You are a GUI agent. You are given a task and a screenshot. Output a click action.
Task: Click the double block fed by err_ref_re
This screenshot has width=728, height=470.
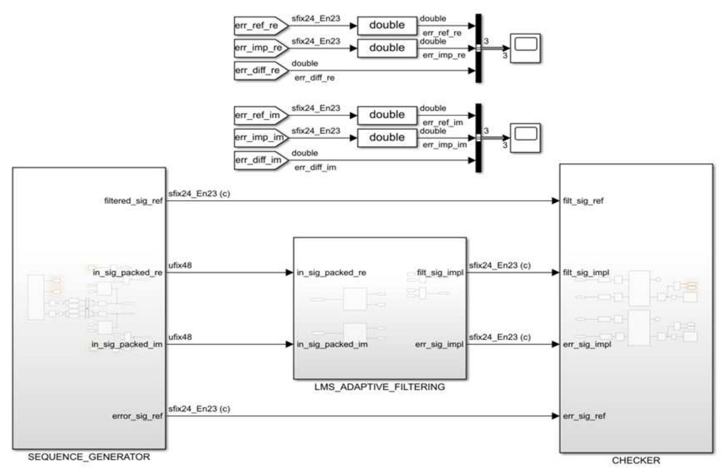point(387,26)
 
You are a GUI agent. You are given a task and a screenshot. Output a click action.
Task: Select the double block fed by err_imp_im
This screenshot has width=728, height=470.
point(387,138)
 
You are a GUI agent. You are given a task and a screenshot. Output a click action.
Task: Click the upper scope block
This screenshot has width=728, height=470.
point(526,48)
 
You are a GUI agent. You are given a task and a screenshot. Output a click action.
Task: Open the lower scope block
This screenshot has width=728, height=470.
point(526,138)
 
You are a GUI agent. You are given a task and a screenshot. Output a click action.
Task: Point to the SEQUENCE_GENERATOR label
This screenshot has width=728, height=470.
point(89,457)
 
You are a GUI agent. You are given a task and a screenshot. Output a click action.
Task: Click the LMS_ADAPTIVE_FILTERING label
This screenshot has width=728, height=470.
point(380,387)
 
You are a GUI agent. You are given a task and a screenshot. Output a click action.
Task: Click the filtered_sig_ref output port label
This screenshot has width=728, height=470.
point(133,201)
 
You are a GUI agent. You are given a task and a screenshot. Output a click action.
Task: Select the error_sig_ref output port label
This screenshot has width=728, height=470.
point(138,416)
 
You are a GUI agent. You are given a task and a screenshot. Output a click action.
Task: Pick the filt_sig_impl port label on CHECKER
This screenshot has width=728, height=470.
point(586,273)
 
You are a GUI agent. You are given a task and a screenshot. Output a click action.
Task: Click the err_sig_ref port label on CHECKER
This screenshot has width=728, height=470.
point(584,416)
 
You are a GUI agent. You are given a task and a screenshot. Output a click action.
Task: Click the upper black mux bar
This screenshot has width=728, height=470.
point(478,48)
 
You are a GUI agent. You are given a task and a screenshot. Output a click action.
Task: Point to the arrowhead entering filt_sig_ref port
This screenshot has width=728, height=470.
point(556,201)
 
